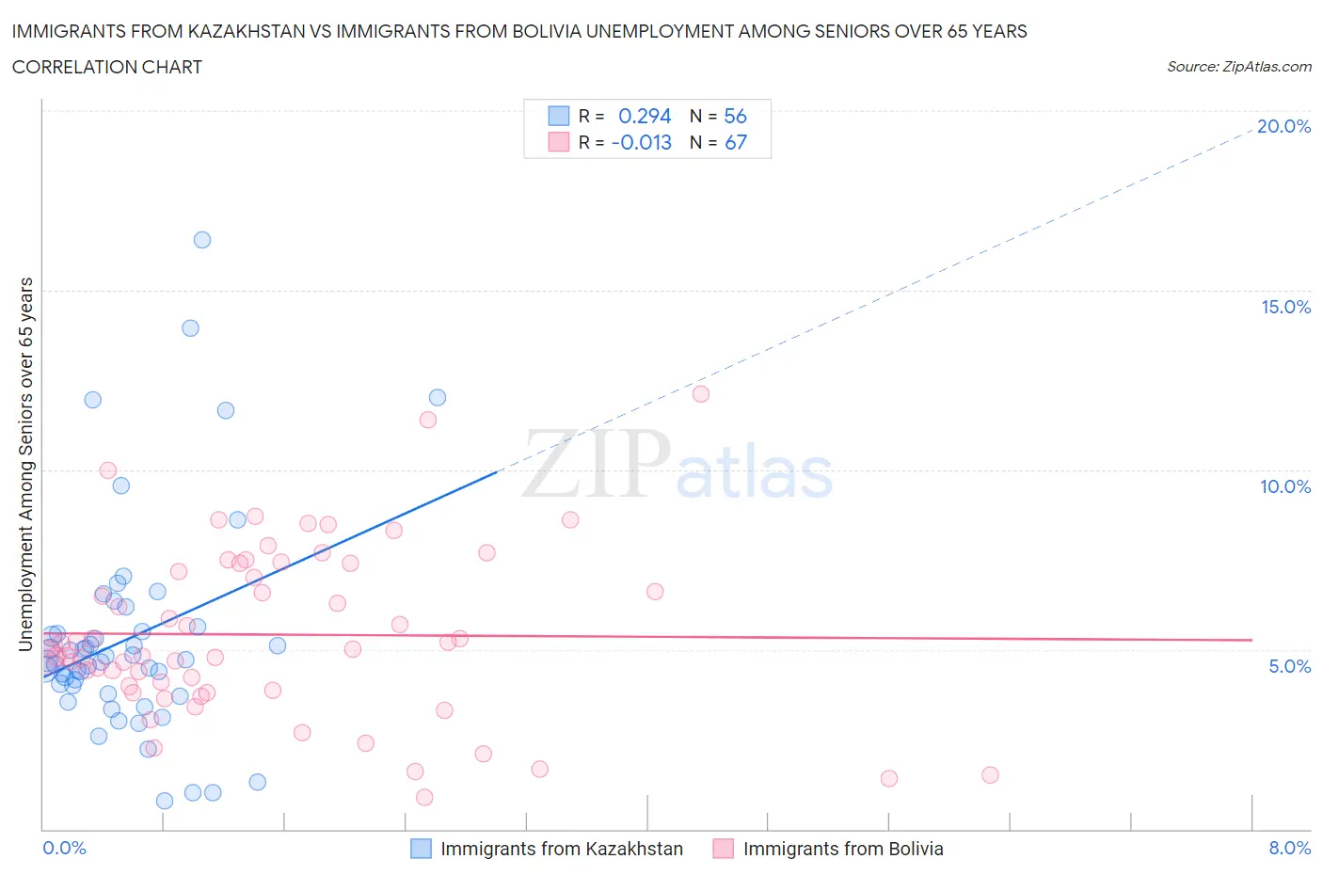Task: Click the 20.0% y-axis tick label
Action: [1283, 126]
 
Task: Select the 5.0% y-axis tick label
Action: [1289, 666]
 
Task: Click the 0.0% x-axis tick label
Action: [64, 848]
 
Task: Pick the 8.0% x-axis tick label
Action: [1289, 848]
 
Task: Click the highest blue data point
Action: [202, 240]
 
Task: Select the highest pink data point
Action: [701, 394]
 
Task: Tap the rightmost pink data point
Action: [990, 775]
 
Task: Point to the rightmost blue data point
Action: [438, 397]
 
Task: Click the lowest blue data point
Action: [165, 801]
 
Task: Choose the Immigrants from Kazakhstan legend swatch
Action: [421, 849]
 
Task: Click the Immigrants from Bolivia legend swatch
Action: [723, 849]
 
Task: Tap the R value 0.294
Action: [645, 116]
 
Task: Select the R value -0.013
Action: [642, 142]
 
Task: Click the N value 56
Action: [735, 116]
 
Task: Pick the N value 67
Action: [735, 142]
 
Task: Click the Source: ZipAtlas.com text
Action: [1238, 67]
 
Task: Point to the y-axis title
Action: [25, 464]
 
